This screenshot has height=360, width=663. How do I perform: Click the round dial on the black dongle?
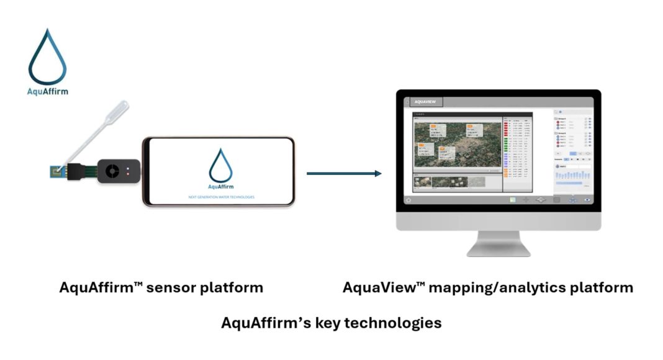[112, 171]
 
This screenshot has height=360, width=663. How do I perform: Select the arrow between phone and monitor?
[344, 174]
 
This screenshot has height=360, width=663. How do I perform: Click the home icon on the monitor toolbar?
[408, 200]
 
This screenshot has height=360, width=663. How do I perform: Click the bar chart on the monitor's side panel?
[572, 176]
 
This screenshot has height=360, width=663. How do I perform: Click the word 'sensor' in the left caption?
[167, 288]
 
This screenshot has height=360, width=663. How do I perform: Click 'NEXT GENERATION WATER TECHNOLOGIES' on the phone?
[221, 197]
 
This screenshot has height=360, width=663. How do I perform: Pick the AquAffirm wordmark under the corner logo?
[48, 91]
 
